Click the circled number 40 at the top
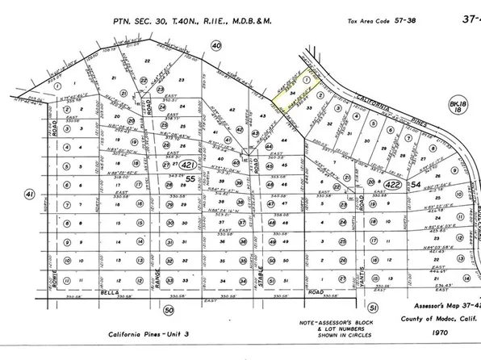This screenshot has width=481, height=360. [x=215, y=46]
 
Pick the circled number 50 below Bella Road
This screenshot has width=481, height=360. [x=168, y=309]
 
